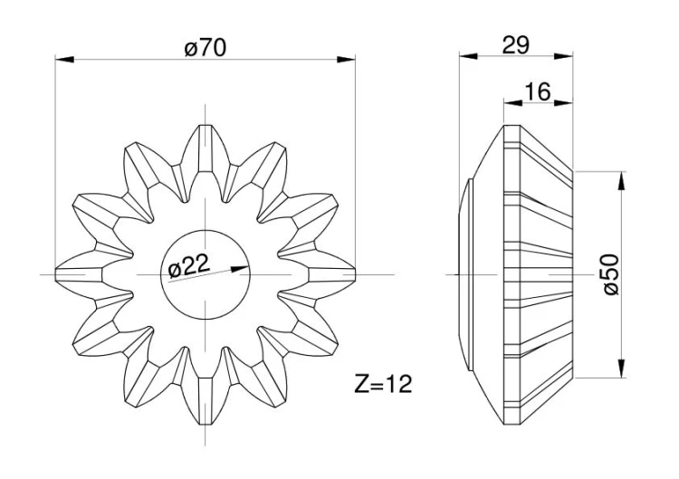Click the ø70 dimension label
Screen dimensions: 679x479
click(205, 47)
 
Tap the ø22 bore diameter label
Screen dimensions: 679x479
click(189, 266)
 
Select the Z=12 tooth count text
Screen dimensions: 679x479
click(383, 384)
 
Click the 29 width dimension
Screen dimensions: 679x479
click(516, 45)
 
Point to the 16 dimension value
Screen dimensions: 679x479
click(538, 91)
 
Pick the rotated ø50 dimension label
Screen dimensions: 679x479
click(611, 274)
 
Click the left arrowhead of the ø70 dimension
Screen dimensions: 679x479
click(64, 60)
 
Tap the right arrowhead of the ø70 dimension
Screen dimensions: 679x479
click(346, 60)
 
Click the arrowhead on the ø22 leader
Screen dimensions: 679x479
click(240, 269)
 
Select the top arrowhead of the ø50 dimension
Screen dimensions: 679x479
click(621, 180)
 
